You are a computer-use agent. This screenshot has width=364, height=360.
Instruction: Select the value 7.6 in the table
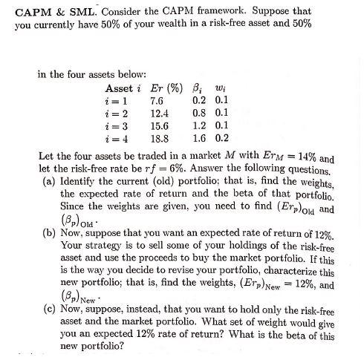pos(157,99)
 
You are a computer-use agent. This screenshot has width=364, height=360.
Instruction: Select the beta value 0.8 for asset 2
pos(198,113)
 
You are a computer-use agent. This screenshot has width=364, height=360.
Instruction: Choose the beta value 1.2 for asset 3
pos(198,125)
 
